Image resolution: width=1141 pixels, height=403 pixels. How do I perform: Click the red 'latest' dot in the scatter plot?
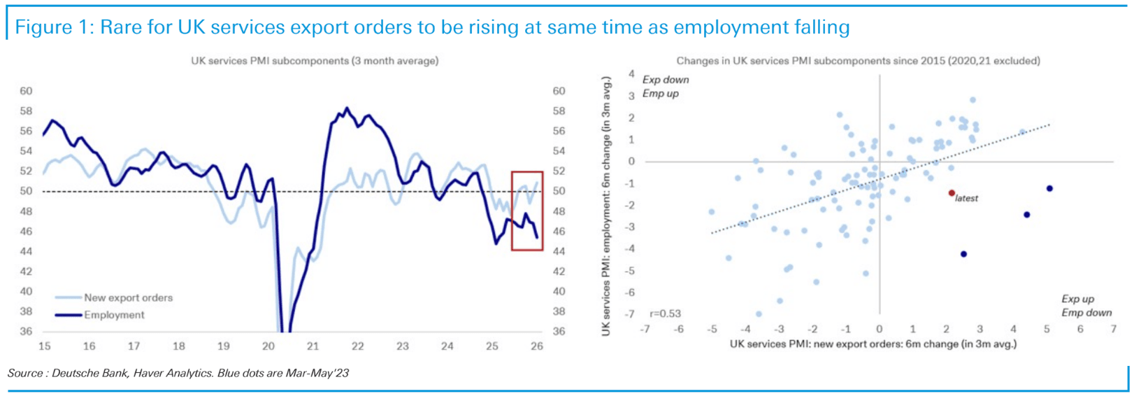click(952, 193)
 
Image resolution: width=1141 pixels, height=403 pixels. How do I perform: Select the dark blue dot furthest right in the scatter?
click(1049, 188)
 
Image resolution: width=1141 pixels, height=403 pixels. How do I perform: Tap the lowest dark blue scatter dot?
click(963, 254)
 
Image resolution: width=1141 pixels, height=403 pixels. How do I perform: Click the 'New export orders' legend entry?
click(128, 297)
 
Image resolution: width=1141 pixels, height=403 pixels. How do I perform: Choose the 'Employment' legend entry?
click(114, 315)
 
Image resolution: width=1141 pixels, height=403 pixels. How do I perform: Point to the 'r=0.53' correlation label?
click(665, 313)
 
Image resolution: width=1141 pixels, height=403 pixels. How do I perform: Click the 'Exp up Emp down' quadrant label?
click(1086, 306)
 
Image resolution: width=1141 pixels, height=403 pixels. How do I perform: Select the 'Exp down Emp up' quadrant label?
click(665, 87)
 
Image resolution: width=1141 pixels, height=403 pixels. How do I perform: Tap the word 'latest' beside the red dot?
click(967, 199)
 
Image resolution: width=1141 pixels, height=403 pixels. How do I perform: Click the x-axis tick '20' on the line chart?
click(268, 346)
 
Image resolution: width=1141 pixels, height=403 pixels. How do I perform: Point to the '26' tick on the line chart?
click(537, 346)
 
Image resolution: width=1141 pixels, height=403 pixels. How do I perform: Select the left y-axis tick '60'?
click(26, 91)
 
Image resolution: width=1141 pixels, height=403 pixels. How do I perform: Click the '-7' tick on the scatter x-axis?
click(645, 329)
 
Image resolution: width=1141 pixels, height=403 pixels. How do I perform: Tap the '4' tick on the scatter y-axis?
click(631, 73)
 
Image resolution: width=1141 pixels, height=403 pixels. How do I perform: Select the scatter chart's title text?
click(858, 61)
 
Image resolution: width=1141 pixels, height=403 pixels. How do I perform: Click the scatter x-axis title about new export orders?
click(873, 344)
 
